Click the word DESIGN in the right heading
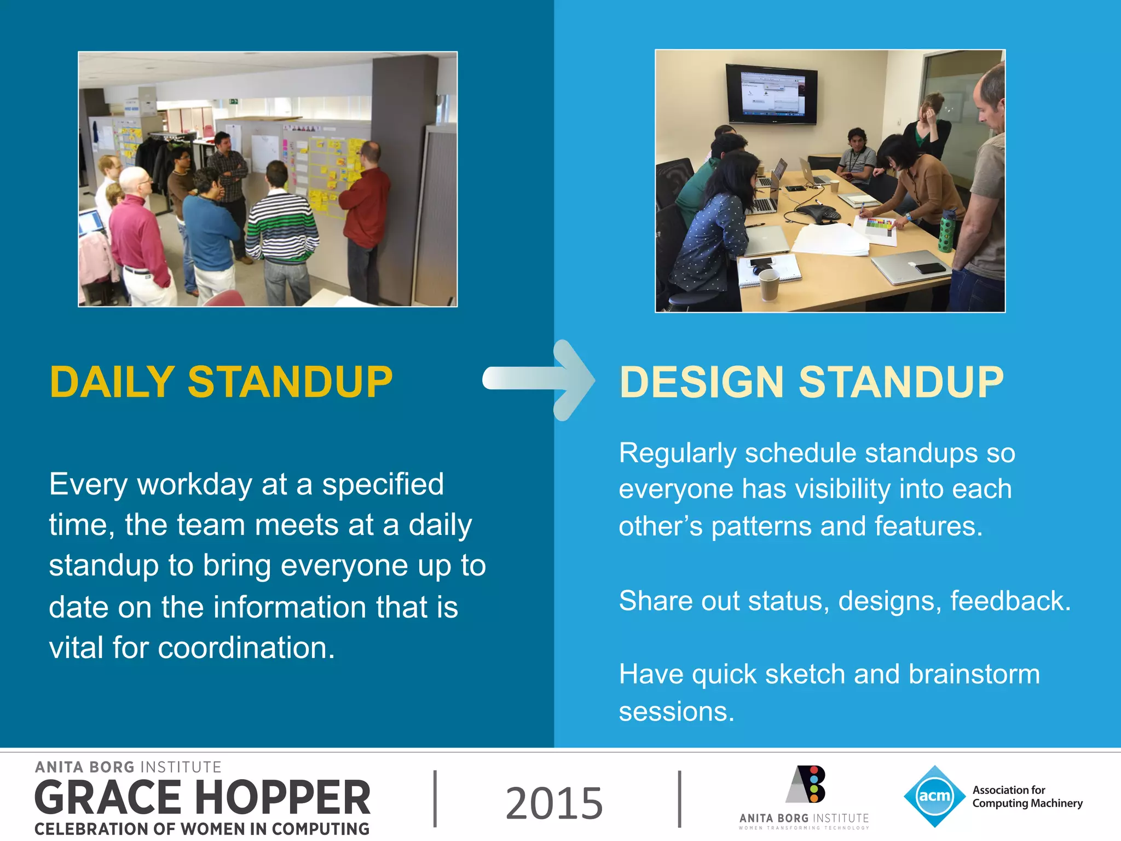point(702,382)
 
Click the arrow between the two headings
point(539,380)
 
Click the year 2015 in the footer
point(554,803)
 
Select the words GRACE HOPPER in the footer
point(203,798)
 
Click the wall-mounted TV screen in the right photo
point(772,94)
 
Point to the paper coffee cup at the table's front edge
point(768,284)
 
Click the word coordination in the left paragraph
point(246,648)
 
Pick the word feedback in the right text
point(1010,601)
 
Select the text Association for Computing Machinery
point(1027,797)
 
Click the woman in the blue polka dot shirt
point(712,230)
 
